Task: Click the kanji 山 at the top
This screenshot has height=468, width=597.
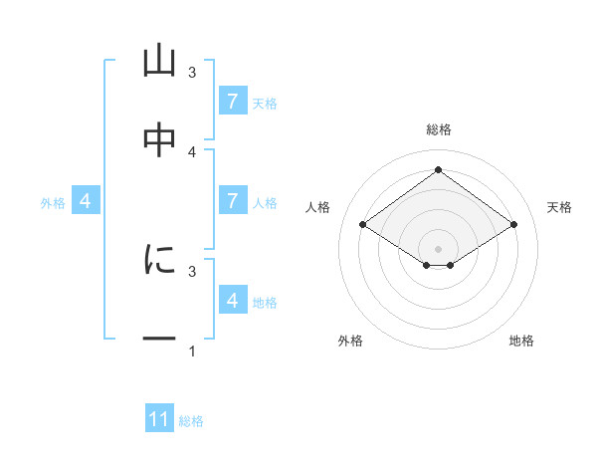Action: [159, 62]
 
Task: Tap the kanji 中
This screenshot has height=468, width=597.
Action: [159, 140]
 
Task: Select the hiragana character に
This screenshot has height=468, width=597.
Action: [159, 260]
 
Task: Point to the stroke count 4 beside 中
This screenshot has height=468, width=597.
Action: [192, 151]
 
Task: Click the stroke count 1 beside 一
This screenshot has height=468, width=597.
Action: [192, 351]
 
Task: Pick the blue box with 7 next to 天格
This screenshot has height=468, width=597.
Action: [233, 101]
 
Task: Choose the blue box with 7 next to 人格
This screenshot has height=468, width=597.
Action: [233, 201]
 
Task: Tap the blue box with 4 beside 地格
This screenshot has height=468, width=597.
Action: [233, 300]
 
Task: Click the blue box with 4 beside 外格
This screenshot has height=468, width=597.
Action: [86, 201]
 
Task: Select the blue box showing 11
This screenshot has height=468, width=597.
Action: [159, 419]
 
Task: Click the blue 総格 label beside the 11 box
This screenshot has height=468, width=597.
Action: [191, 421]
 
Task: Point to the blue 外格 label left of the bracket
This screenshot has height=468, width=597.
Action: [53, 203]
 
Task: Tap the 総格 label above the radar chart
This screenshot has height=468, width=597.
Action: [439, 129]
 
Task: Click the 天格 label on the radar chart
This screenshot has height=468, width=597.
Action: [560, 207]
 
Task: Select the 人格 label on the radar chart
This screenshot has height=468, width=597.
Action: [318, 207]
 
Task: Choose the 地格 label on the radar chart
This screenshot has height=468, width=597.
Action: [521, 341]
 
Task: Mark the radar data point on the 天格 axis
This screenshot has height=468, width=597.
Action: [513, 225]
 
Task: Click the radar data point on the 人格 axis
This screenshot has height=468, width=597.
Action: [363, 225]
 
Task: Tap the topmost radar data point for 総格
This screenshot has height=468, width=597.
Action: [439, 170]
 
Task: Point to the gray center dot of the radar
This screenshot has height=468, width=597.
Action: [439, 248]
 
